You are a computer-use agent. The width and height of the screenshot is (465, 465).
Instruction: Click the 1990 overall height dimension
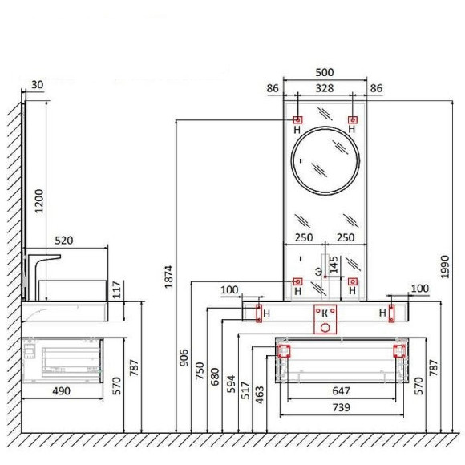[445, 267]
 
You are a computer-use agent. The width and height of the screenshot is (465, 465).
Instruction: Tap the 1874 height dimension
[168, 277]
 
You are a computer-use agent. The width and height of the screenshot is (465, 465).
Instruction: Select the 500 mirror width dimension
[325, 72]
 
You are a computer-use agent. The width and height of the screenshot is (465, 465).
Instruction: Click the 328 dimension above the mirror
[325, 88]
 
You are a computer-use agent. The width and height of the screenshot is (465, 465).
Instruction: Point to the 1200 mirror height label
[38, 201]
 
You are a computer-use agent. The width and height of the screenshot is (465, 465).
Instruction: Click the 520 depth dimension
[64, 241]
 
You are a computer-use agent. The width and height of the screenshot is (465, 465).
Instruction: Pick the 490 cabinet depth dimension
[62, 391]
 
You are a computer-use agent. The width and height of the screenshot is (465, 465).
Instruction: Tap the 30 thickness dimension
[38, 85]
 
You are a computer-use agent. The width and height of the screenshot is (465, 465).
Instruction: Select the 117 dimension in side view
[117, 289]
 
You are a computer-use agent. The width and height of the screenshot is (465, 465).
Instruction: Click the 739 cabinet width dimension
[341, 407]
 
